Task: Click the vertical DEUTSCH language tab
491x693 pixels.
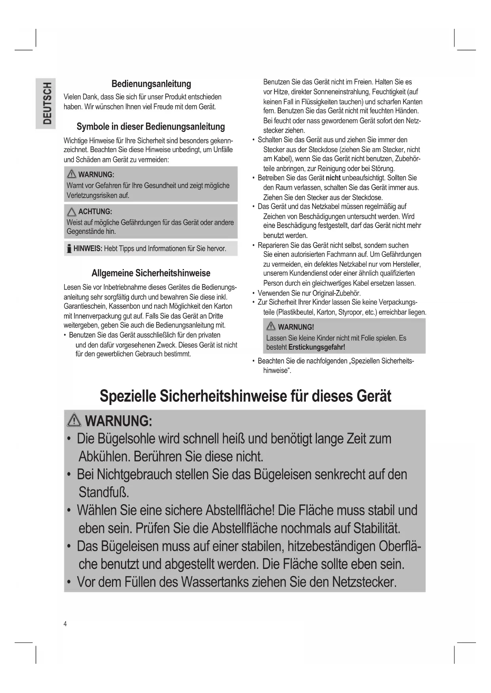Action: point(47,104)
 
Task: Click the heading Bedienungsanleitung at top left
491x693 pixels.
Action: point(151,84)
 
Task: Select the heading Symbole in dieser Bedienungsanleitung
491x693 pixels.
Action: point(151,127)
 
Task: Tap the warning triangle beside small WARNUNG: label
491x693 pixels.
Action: point(72,174)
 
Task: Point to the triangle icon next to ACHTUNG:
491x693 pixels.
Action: point(72,211)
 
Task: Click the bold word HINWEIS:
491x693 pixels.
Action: point(88,249)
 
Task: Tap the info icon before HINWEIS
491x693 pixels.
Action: point(69,249)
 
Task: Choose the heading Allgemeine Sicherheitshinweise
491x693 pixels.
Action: point(151,273)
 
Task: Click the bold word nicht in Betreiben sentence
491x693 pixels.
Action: point(333,178)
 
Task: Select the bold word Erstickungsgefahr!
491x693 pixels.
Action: point(317,347)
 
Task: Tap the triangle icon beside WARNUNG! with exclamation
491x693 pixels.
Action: point(271,326)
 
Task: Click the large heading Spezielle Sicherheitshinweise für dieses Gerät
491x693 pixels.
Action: point(245,396)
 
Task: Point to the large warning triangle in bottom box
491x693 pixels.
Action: point(75,420)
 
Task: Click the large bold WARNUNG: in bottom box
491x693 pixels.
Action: point(118,421)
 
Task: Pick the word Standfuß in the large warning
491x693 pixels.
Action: point(104,492)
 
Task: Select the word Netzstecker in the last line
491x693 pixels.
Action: point(364,582)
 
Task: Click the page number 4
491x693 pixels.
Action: point(65,624)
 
